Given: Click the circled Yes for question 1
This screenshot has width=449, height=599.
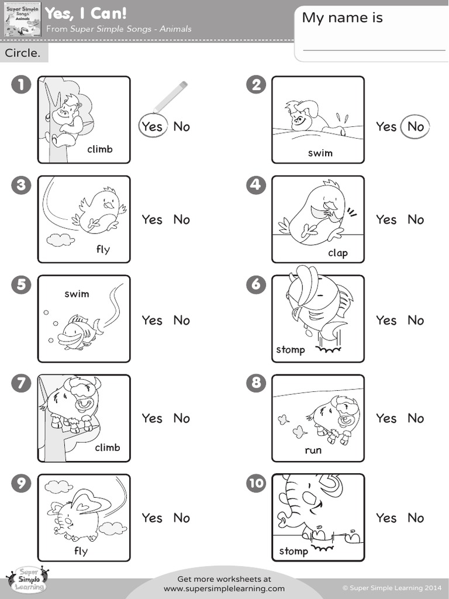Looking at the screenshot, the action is click(152, 126).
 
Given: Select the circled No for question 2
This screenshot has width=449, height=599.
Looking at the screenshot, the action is click(416, 126).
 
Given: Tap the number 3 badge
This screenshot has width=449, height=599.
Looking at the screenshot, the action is click(20, 185).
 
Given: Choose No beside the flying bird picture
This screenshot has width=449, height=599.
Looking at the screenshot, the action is click(182, 220).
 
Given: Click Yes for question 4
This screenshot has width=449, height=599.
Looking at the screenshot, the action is click(386, 220).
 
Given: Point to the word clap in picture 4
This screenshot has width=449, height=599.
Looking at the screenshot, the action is click(338, 253).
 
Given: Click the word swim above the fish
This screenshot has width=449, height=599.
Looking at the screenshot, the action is click(77, 294).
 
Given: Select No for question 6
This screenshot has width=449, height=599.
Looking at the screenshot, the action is click(416, 321).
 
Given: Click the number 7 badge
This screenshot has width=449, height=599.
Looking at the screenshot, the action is click(20, 384).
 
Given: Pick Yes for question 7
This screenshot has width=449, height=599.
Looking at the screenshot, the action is click(152, 419).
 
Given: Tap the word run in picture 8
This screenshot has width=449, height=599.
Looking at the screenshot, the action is click(313, 450).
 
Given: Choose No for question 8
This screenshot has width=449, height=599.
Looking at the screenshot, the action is click(416, 419).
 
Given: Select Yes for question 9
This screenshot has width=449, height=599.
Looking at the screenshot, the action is click(152, 518).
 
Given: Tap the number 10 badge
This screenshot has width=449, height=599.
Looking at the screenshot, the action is click(256, 483).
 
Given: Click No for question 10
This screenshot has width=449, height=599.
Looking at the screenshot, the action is click(416, 518).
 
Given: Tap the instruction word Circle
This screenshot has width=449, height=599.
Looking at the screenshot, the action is click(23, 53).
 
